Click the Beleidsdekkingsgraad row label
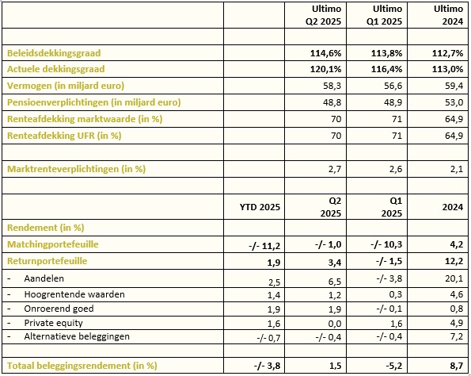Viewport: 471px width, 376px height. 54,53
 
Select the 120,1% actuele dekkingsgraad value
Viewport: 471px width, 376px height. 325,69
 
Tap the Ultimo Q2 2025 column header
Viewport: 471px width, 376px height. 323,15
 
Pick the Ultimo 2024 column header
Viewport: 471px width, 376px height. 448,15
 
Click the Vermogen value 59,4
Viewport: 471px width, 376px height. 454,86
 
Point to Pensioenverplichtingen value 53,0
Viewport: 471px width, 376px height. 454,102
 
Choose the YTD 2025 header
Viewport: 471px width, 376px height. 260,207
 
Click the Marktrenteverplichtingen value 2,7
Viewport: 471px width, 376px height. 335,169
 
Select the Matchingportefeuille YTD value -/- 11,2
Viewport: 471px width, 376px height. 264,246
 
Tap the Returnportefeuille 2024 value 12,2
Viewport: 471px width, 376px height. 454,261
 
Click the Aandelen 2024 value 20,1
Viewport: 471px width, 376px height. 454,278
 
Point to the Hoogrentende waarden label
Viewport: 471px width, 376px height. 74,294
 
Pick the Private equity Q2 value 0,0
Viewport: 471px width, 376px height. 335,324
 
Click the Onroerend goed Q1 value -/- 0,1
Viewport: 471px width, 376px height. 389,309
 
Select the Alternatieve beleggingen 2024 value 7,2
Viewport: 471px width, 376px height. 457,336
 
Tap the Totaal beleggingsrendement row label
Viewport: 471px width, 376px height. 82,366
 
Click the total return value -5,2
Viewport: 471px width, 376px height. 393,366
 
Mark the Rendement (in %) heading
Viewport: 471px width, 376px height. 45,228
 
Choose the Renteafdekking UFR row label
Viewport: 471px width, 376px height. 64,136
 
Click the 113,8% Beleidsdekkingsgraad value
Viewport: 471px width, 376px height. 386,53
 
